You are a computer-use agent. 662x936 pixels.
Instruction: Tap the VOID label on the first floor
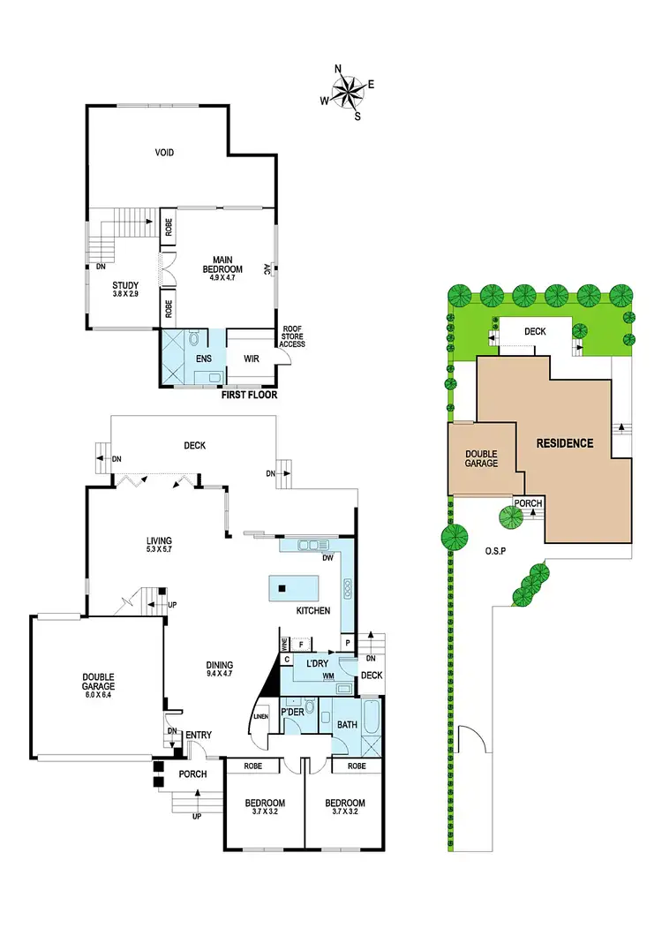click(x=164, y=153)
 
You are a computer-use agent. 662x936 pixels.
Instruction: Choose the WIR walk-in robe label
click(x=250, y=359)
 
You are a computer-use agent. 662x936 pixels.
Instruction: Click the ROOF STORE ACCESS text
click(x=292, y=336)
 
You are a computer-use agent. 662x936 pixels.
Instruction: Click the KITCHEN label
click(x=313, y=610)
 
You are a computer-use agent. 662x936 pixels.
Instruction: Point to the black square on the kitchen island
click(x=282, y=588)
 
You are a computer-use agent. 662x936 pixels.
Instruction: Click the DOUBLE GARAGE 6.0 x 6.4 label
click(x=97, y=683)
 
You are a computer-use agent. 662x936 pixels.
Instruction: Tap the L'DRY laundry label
click(x=318, y=663)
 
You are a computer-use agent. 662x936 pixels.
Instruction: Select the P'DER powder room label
click(x=292, y=712)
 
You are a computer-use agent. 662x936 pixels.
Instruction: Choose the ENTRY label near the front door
click(x=199, y=735)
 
